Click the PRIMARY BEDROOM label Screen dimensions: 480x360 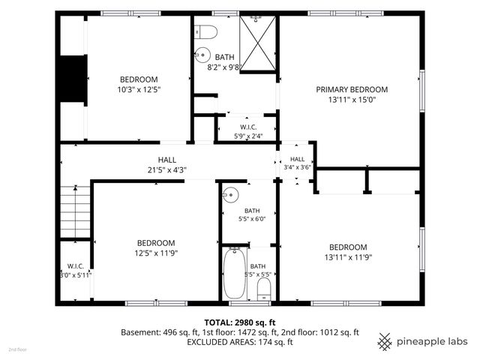[x=352, y=89]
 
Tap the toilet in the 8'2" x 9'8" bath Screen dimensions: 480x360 [x=206, y=32]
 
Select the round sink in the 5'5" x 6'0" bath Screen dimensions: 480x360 [x=230, y=195]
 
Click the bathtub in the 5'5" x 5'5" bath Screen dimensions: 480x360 [x=235, y=273]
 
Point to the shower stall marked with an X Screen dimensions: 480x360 [x=258, y=43]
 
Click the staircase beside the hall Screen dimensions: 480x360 [x=75, y=211]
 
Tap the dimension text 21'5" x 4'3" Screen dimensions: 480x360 [x=167, y=170]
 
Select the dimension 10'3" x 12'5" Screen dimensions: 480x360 [x=139, y=90]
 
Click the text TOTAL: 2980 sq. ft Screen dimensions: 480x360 [x=240, y=322]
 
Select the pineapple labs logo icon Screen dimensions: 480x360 [x=385, y=342]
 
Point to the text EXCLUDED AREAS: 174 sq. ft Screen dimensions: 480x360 [x=240, y=342]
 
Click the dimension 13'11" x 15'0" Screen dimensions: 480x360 [x=352, y=100]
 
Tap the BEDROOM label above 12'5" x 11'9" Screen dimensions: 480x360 [x=156, y=243]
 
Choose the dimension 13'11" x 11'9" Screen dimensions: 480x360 [x=348, y=257]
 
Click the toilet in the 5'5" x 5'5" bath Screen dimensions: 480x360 [x=264, y=289]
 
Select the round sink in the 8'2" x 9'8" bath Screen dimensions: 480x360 [x=202, y=55]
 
